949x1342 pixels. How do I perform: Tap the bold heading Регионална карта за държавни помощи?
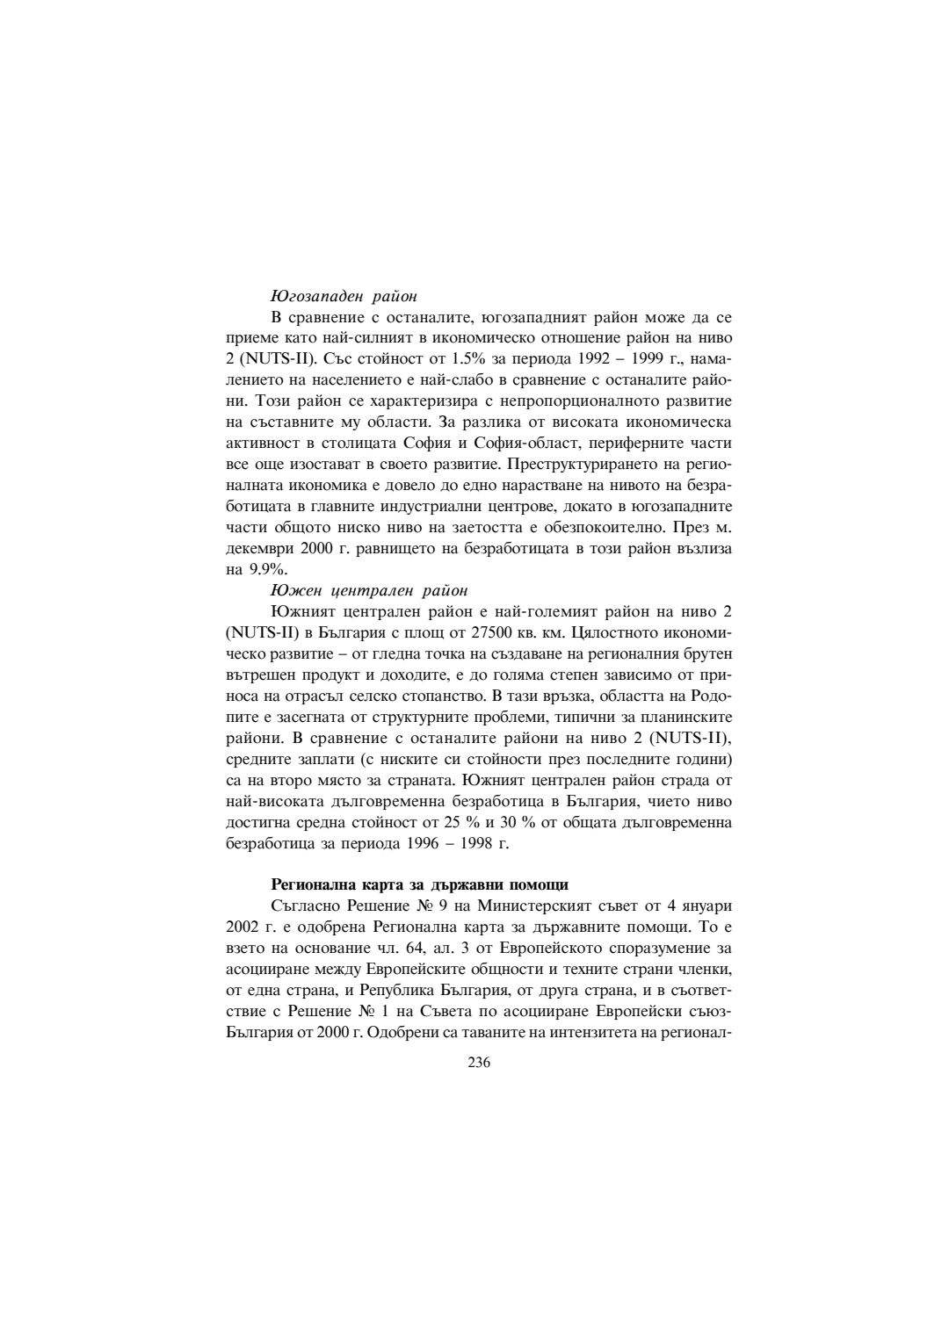pos(420,884)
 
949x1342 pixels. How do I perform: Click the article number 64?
pos(389,947)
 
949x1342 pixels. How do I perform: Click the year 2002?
pos(243,926)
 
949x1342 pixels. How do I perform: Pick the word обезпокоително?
pos(617,527)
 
